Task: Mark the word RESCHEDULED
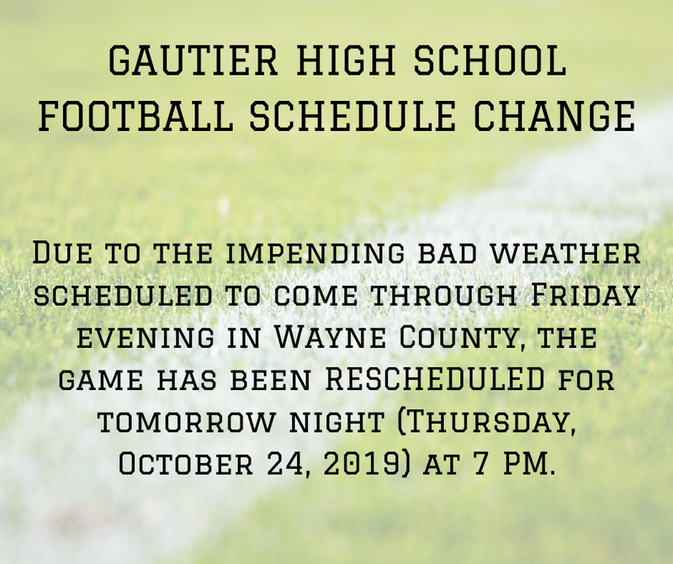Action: pyautogui.click(x=435, y=382)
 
